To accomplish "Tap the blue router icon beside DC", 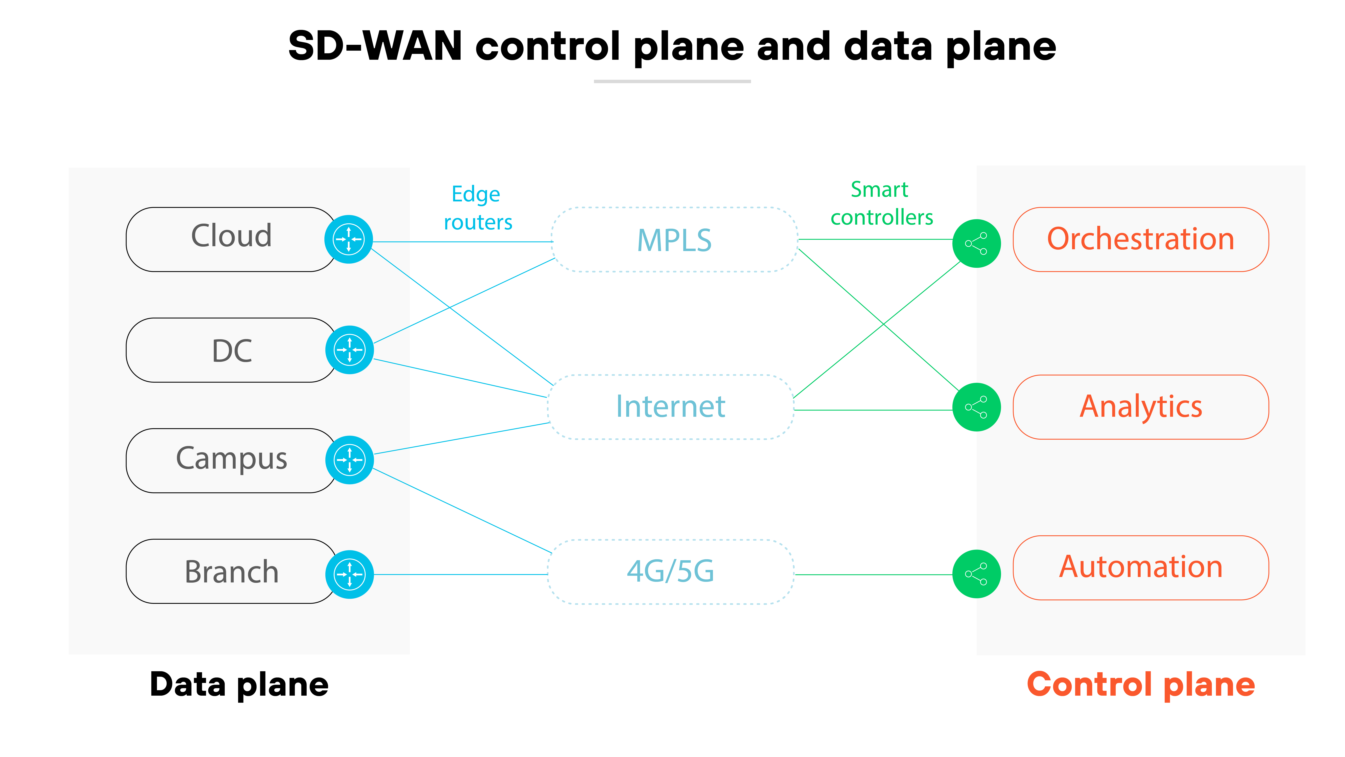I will [349, 350].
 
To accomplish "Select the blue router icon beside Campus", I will [349, 460].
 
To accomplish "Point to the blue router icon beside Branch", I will [349, 574].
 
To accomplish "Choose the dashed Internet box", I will [670, 406].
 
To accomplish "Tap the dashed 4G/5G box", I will [670, 571].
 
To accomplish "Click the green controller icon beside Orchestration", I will [976, 243].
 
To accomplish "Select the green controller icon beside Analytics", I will [976, 407].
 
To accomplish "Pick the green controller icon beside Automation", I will [976, 574].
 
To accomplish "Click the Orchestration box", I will [1140, 239].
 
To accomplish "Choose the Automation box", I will [1140, 567].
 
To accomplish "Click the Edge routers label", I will [477, 208].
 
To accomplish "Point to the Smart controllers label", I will [881, 203].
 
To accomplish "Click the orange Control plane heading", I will [1140, 684].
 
